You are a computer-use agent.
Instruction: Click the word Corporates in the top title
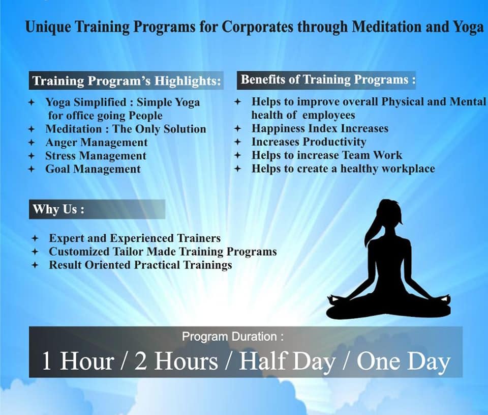click(257, 27)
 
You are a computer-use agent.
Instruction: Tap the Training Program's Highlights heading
click(127, 81)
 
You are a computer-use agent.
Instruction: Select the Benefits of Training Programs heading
click(328, 80)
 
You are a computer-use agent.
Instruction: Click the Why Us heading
click(58, 209)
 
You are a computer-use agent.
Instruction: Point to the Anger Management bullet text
click(97, 143)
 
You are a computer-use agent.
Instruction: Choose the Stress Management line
click(96, 156)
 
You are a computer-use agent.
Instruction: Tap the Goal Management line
click(93, 169)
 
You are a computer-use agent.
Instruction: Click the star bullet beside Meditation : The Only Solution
click(32, 129)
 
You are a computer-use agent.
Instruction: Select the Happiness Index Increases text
click(320, 128)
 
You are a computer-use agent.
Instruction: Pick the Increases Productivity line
click(309, 142)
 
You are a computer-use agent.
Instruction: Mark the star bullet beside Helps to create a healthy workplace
click(238, 169)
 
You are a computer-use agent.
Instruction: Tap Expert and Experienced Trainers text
click(135, 238)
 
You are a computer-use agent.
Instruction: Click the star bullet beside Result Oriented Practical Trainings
click(35, 265)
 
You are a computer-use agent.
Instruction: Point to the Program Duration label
click(233, 337)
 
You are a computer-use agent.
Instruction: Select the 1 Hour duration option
click(77, 361)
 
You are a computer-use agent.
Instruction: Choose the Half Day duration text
click(287, 361)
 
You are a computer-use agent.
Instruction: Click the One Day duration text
click(403, 361)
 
